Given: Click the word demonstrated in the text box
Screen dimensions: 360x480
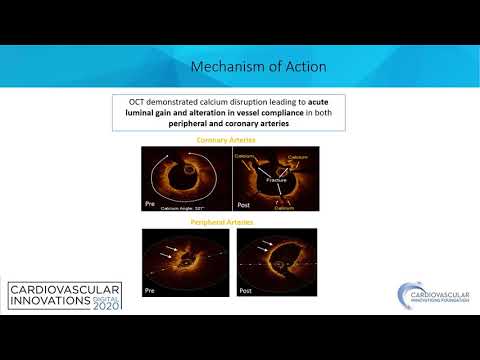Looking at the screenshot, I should click(x=185, y=103).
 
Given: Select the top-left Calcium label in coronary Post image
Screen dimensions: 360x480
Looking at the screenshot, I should click(x=244, y=157).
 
